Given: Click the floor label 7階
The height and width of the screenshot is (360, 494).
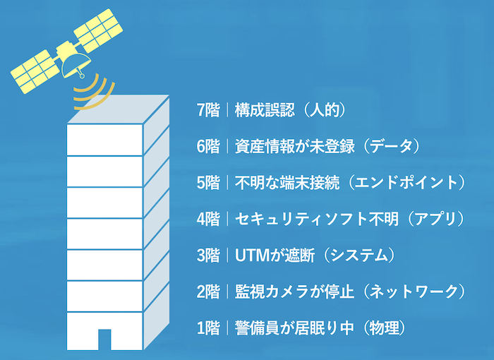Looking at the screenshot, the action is pos(208,110).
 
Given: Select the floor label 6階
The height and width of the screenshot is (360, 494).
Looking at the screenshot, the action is pos(208,147).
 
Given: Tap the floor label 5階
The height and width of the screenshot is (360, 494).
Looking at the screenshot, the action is pos(208,183).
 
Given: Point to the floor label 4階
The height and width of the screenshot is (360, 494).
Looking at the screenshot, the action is pos(208,219).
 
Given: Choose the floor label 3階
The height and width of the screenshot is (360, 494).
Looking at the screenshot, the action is pos(208,256).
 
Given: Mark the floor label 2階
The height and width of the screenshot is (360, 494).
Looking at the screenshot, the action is pos(208,292).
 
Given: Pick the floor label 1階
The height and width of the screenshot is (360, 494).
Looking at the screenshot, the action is pos(208,328).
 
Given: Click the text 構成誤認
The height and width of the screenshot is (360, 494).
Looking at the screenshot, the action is pos(265,110).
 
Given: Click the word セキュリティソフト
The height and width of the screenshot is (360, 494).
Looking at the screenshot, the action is pos(302,219).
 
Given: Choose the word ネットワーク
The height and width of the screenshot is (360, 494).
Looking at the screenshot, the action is pos(414,292).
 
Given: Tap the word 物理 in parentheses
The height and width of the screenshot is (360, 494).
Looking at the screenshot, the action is pos(384,328).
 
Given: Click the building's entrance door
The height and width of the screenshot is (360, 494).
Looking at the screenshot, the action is pos(104,340).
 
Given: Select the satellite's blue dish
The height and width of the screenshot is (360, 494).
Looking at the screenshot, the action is pos(76,66).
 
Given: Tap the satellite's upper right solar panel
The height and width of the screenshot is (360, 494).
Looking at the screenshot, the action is pos(98,30).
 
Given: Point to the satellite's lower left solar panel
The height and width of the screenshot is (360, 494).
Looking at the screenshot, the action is pos(35,72).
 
